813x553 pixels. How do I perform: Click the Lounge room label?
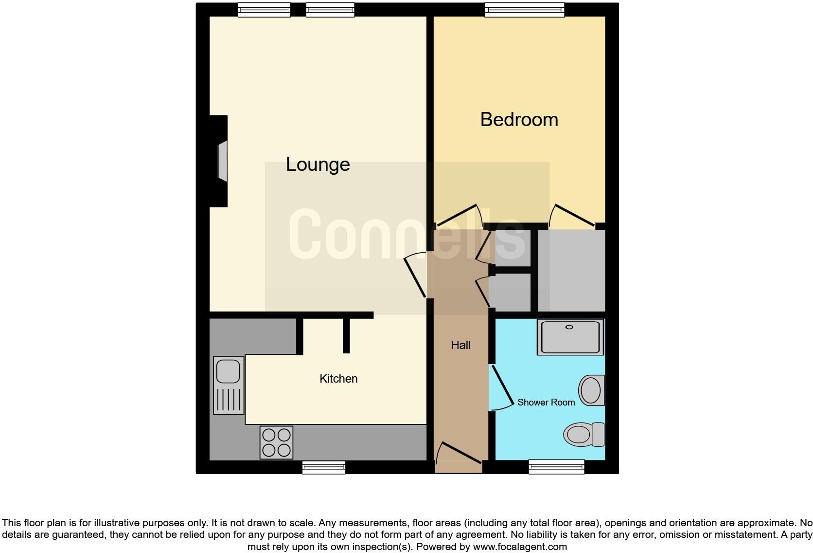pos(318,165)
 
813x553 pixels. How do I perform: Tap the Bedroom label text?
pos(519,120)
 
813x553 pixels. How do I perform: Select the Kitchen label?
pos(338,379)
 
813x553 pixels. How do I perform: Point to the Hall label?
pos(460,345)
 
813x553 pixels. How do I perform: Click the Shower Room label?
pos(546,403)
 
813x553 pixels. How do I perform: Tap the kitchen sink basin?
pos(228,371)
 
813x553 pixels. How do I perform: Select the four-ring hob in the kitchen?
pos(276,442)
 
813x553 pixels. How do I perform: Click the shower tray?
pos(570,337)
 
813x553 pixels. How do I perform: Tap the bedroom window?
pos(525,10)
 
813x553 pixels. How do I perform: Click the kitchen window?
pos(323,467)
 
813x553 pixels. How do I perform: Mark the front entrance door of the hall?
pos(460,453)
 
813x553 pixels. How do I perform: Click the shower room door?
pos(502,387)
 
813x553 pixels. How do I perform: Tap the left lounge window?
pos(264,10)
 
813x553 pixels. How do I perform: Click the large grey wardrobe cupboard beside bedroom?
pos(571,270)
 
